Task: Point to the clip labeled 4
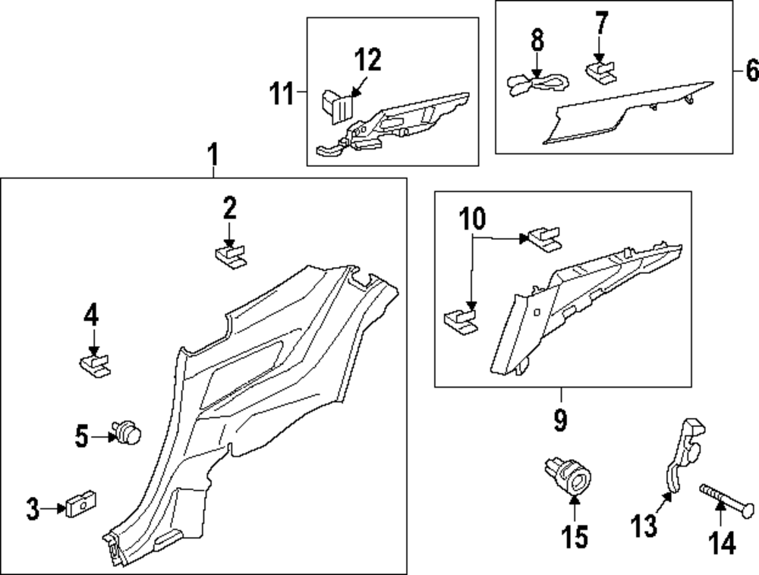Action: pyautogui.click(x=95, y=365)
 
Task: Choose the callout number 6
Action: pyautogui.click(x=751, y=71)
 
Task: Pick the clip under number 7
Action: pyautogui.click(x=602, y=73)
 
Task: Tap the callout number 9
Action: pyautogui.click(x=560, y=419)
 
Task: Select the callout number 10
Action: pyautogui.click(x=471, y=219)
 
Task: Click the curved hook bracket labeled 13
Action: pyautogui.click(x=683, y=453)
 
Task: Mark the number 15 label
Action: pyautogui.click(x=574, y=537)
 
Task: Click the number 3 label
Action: pyautogui.click(x=33, y=510)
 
